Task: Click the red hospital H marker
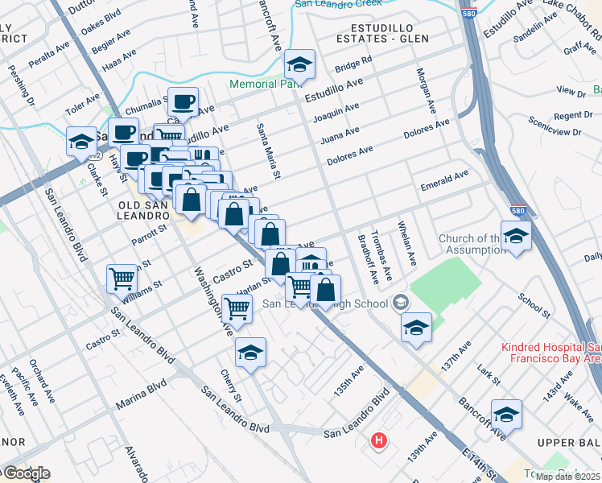(x=378, y=441)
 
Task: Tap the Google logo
(x=26, y=473)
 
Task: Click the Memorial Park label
(x=263, y=84)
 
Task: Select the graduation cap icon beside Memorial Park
(x=299, y=64)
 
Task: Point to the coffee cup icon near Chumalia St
(x=183, y=101)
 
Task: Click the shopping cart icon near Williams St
(x=122, y=279)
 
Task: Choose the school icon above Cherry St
(x=250, y=352)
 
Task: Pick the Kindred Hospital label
(x=550, y=354)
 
